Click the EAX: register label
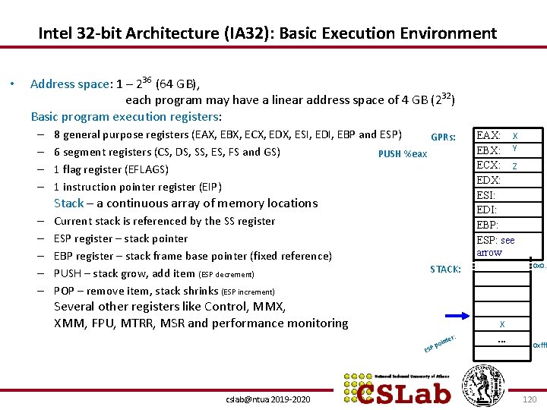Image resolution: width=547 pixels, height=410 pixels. coord(488,135)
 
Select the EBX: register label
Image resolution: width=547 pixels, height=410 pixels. coord(488,150)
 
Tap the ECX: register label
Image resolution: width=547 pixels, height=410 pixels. coord(488,166)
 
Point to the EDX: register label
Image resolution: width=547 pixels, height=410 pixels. coord(488,180)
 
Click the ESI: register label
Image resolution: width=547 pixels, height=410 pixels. coord(485,195)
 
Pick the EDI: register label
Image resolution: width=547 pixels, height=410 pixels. coord(486,210)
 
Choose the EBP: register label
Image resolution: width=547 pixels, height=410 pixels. coord(487,225)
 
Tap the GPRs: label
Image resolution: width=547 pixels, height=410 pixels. coord(443,137)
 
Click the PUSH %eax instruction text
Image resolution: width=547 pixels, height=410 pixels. coord(402,154)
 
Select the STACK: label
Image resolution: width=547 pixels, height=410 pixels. coord(445,270)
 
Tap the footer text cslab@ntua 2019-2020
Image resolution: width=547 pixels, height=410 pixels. coord(268,399)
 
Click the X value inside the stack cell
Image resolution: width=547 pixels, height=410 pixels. coord(501,323)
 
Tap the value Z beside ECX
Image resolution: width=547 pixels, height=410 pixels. coord(515,166)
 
